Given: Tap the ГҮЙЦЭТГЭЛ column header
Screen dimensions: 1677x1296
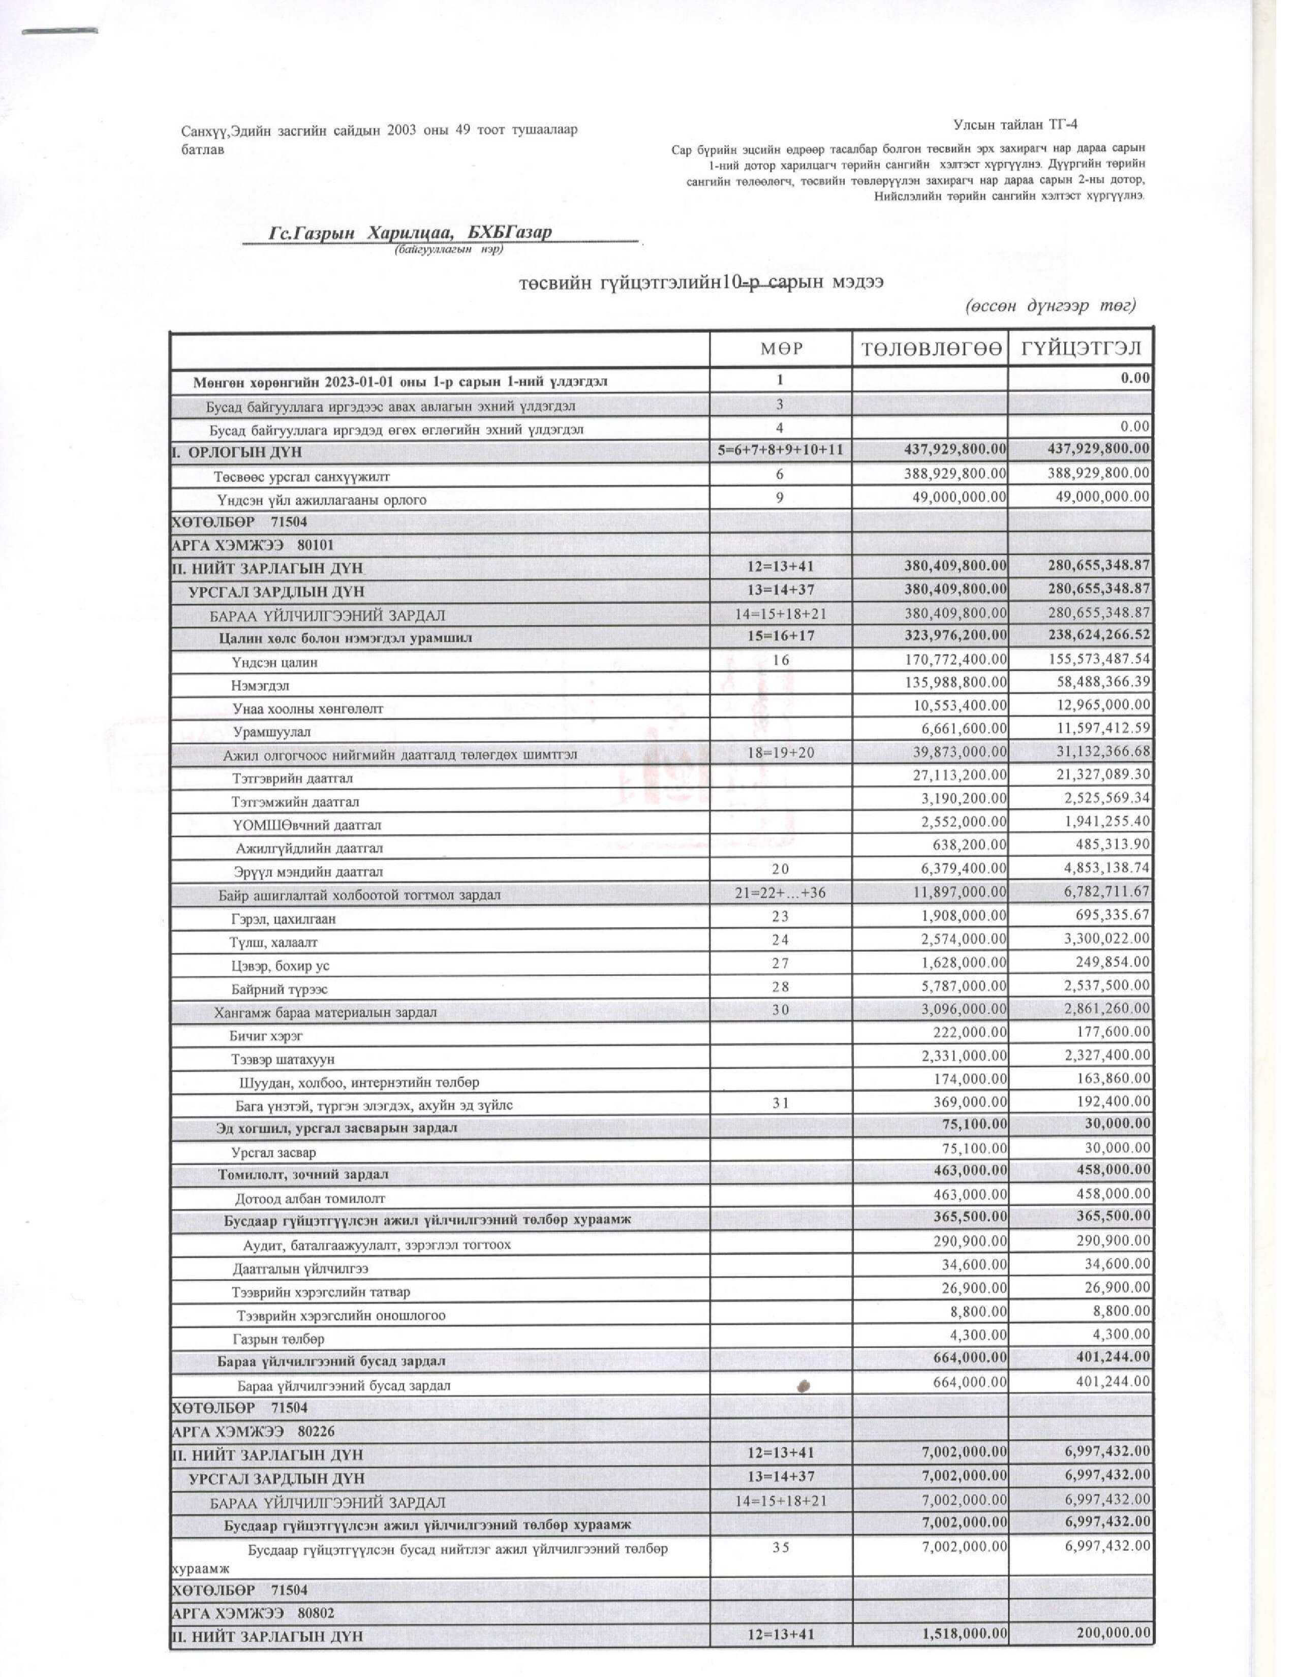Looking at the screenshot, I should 1081,350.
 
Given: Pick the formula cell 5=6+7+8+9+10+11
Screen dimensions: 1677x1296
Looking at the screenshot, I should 780,451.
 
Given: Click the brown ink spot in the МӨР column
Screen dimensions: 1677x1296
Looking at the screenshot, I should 804,1385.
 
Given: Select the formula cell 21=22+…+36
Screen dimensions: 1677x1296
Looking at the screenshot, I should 780,893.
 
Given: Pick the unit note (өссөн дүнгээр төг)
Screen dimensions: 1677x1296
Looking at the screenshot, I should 1049,305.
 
